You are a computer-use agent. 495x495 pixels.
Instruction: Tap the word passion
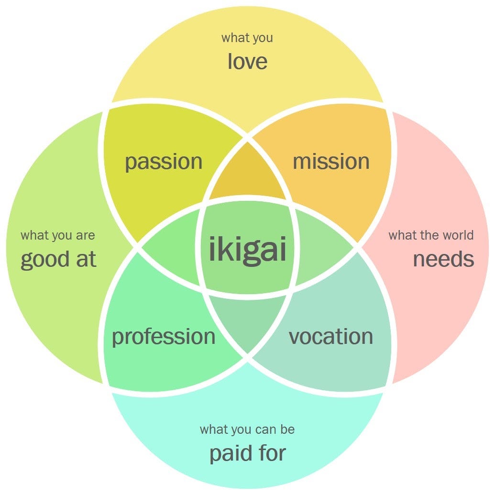tap(164, 162)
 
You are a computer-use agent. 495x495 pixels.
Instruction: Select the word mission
tap(331, 162)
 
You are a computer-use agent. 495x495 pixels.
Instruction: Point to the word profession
tap(164, 337)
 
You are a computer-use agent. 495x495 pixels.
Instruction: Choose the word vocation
tap(331, 337)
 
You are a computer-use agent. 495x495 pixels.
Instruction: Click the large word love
tap(247, 61)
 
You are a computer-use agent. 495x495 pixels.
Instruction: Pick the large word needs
tap(443, 259)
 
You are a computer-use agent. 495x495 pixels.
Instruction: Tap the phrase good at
tap(58, 259)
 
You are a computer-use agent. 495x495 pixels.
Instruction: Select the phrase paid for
tap(247, 452)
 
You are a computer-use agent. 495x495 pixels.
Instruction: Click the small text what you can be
tap(247, 429)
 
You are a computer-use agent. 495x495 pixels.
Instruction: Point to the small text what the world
tap(431, 235)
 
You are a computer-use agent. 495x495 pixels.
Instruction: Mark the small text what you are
tap(58, 235)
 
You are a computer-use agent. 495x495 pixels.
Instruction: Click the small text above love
tap(247, 38)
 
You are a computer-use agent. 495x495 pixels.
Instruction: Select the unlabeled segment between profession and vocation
tap(247, 320)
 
